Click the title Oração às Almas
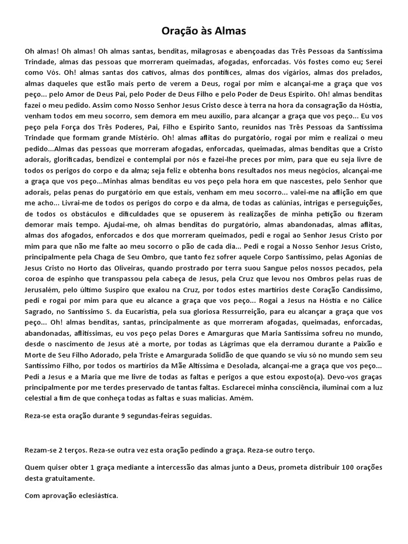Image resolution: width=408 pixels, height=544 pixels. click(204, 31)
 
